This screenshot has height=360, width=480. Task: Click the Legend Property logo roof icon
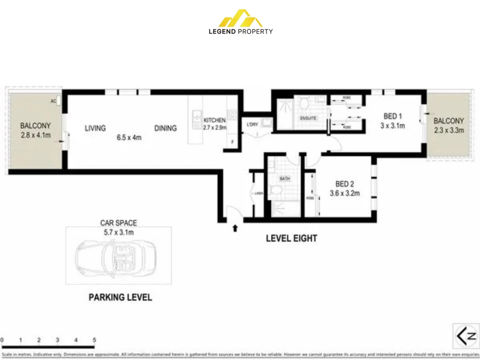[x=241, y=19]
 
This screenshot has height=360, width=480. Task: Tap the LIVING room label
[x=95, y=128]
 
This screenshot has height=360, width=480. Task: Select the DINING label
[x=165, y=128]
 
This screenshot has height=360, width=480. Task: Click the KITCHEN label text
[x=214, y=120]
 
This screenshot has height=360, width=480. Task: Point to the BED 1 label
[x=393, y=116]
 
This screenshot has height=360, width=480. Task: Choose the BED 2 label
[x=345, y=184]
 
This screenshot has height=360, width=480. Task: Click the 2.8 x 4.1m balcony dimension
[x=36, y=135]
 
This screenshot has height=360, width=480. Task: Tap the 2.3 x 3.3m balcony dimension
[x=449, y=130]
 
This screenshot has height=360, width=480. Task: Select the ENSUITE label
[x=308, y=118]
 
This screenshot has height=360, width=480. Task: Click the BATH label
[x=285, y=179]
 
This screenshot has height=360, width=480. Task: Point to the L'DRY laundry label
[x=252, y=124]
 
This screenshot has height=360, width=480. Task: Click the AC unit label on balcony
[x=53, y=101]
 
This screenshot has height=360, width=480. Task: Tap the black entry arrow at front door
[x=235, y=228]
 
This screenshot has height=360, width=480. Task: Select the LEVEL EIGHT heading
[x=292, y=238]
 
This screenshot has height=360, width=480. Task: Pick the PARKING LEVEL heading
[x=120, y=297]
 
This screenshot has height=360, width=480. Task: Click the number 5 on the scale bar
[x=94, y=340]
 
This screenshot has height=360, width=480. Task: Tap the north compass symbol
[x=466, y=336]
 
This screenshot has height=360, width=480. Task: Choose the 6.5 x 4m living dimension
[x=129, y=137]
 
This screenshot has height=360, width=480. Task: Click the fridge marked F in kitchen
[x=232, y=142]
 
